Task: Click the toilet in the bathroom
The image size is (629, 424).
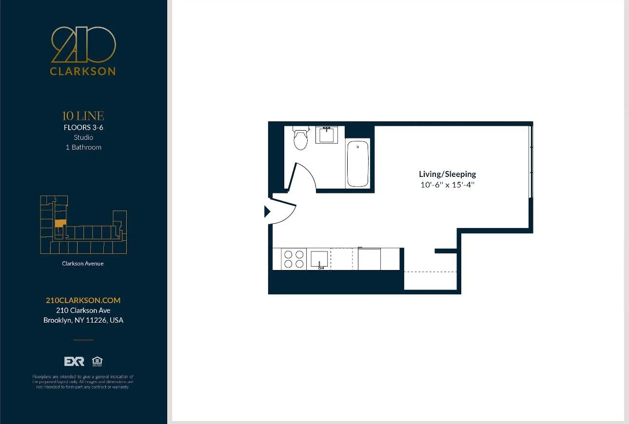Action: [300, 138]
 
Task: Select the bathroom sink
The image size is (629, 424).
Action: [326, 135]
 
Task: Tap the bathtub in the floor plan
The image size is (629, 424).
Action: [358, 164]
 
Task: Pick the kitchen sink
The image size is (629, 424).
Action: [319, 259]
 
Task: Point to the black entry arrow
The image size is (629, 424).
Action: [267, 212]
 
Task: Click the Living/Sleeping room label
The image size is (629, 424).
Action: [447, 174]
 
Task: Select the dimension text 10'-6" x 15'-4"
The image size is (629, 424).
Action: [447, 185]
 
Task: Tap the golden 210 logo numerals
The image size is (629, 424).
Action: [83, 45]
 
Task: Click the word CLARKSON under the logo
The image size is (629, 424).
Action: [83, 71]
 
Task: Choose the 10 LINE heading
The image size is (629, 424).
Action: [83, 116]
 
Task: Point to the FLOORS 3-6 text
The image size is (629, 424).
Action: [83, 128]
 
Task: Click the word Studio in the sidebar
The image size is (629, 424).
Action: [83, 137]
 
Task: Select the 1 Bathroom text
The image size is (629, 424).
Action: [83, 147]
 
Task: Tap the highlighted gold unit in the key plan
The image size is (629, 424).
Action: [59, 223]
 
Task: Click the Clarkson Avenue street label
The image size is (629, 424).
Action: [83, 264]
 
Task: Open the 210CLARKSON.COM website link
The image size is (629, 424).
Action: [83, 300]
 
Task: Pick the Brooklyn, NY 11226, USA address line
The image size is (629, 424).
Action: [83, 320]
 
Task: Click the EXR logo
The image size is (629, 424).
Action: [74, 362]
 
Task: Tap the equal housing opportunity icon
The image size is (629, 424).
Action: [97, 361]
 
